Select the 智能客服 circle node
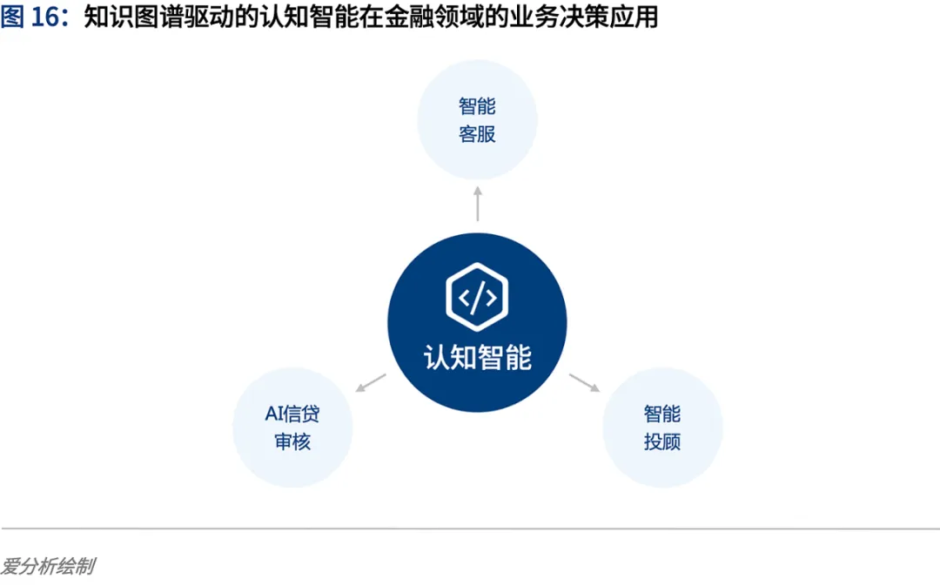tap(477, 120)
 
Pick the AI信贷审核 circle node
tap(292, 427)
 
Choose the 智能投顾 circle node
tap(662, 427)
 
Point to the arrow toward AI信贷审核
tap(372, 382)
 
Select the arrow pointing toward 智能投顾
tap(583, 382)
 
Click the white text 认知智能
tap(477, 357)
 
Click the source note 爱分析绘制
tap(47, 567)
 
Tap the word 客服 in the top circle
tap(477, 135)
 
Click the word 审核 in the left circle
tap(292, 441)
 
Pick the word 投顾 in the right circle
tap(662, 441)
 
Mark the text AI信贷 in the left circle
tap(292, 413)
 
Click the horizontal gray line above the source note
tap(470, 529)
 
